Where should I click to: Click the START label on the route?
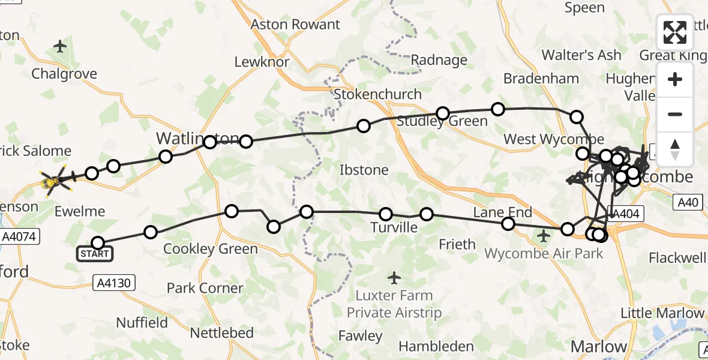point(95,254)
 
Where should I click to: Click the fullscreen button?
point(675,32)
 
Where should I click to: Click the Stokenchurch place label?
point(377,94)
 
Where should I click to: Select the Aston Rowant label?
point(295,25)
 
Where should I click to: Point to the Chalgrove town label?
point(64,74)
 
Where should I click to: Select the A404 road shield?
point(626,212)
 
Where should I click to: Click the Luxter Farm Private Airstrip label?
point(394,304)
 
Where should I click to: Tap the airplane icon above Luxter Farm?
point(394,278)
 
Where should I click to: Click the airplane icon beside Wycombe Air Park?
point(544,236)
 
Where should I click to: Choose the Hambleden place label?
point(436,346)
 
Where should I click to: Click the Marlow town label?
point(598,346)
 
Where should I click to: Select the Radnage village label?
point(439,60)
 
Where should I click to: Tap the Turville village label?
point(394,227)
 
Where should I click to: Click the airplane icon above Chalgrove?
point(60,46)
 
